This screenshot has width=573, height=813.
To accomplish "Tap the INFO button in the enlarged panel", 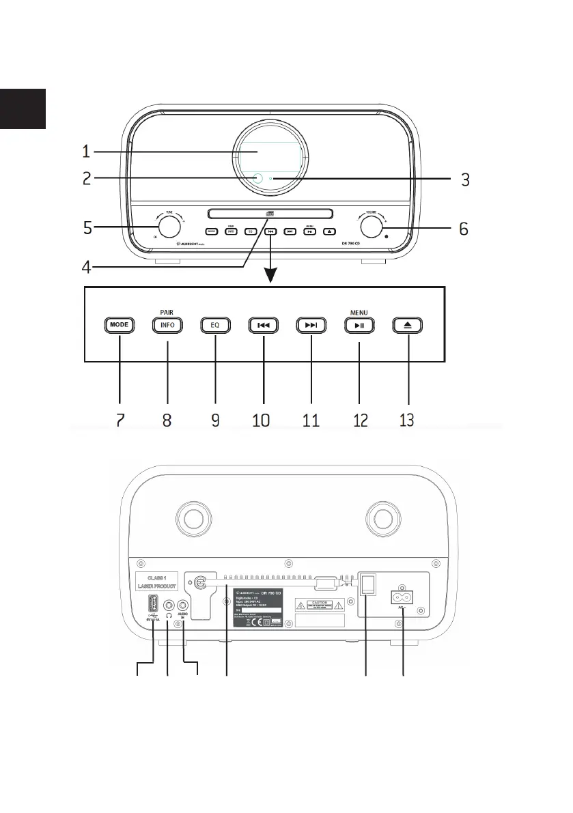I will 167,325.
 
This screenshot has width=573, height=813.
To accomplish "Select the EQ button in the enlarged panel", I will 215,325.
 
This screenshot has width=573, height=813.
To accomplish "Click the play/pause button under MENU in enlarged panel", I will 359,325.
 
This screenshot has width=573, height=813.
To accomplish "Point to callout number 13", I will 407,418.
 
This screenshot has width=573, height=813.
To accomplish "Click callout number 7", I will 120,418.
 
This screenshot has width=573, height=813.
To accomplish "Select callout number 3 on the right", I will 464,180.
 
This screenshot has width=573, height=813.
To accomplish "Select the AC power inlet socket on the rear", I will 402,595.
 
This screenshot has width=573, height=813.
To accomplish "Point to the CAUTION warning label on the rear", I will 320,604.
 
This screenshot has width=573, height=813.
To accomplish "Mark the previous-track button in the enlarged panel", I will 264,325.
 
